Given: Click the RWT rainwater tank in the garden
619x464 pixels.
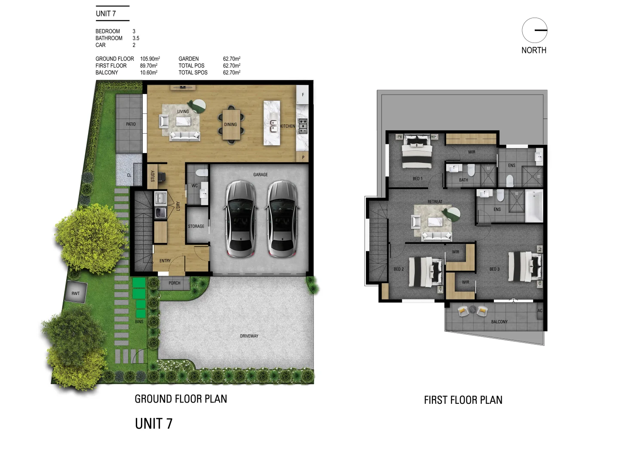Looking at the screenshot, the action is point(76,292).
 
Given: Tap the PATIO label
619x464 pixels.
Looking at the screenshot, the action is point(131,124).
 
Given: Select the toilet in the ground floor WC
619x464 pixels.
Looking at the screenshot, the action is point(202,172).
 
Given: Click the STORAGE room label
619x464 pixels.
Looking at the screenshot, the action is point(196,226).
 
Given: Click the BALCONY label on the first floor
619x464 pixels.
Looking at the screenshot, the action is point(499,321).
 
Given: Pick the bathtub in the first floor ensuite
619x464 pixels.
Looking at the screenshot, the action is point(534,206).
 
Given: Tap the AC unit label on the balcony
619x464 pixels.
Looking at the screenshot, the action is point(540,311).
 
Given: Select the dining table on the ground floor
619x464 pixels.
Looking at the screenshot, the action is point(231,124).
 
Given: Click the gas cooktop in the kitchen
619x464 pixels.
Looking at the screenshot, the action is point(303,126).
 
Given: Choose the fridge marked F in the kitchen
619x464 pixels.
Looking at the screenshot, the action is point(303,95).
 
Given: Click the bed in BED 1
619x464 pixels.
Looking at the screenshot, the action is point(417,151).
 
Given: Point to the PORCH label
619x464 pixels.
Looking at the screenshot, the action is point(174,283).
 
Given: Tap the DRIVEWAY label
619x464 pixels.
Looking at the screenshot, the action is point(249,336).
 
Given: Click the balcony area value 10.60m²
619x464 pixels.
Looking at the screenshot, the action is point(149,73).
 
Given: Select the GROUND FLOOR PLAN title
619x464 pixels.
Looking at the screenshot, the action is point(181,399).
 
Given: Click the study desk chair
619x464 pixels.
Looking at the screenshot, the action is point(161,176).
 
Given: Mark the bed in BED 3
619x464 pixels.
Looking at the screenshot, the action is point(525,267).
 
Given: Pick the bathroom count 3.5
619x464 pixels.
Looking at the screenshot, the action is point(136,38).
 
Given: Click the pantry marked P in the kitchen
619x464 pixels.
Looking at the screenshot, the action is point(303,157).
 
